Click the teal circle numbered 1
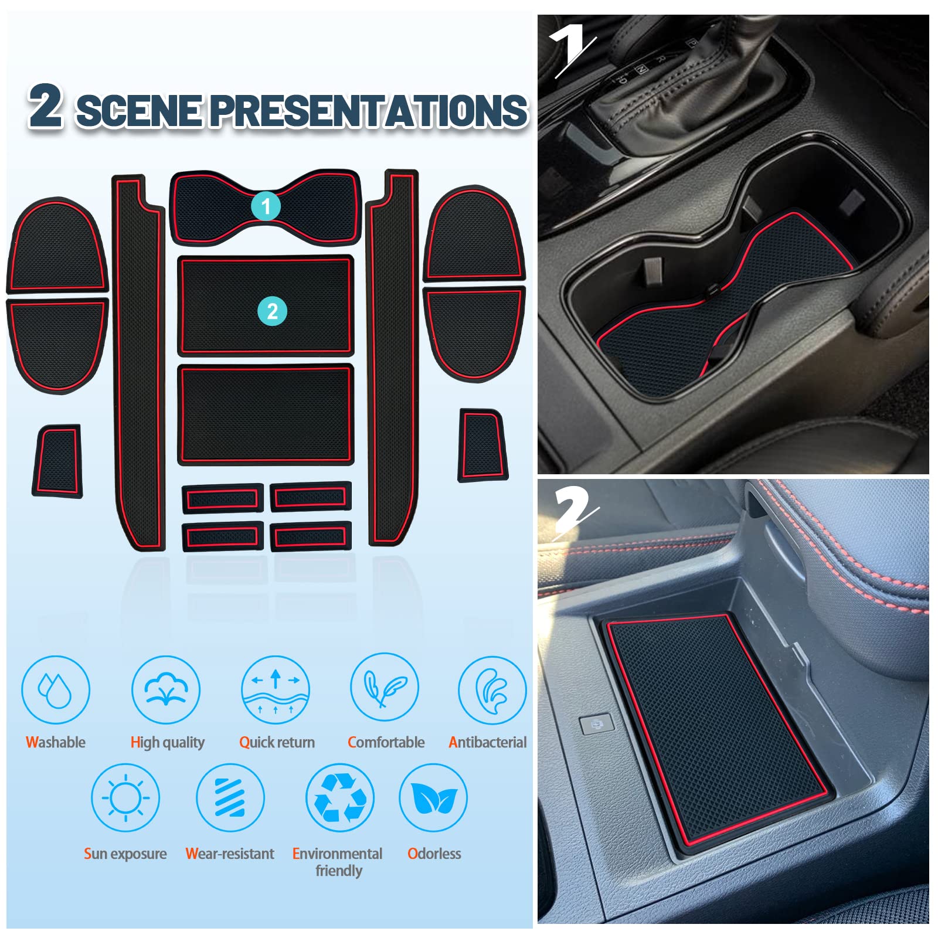[x=266, y=206]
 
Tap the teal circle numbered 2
[x=272, y=311]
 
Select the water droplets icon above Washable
[x=55, y=690]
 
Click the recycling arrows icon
[x=340, y=798]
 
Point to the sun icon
[x=125, y=798]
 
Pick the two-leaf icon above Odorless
[x=433, y=798]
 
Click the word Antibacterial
[x=487, y=742]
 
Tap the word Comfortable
[x=386, y=742]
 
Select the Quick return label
[x=277, y=743]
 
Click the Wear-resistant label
[x=230, y=854]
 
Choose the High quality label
[x=167, y=743]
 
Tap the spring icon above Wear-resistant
[x=230, y=798]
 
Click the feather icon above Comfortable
[x=385, y=688]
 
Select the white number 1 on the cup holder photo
[x=572, y=50]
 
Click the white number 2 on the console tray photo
[x=575, y=511]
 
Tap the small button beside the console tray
[x=596, y=725]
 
